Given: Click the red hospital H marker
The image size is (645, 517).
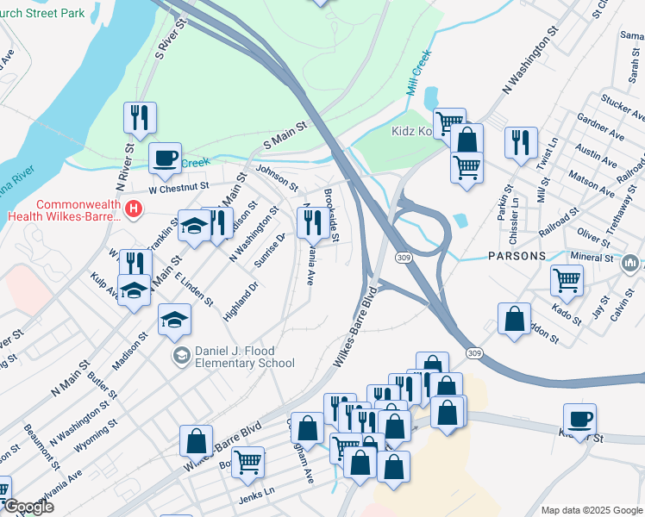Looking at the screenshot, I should pos(134,209).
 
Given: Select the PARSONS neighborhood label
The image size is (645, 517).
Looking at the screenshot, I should pos(516,256).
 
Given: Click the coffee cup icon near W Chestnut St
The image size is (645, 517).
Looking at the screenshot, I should pos(165,159).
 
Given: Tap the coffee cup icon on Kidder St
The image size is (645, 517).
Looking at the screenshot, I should pos(579,420).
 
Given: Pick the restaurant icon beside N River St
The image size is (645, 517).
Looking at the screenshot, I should pos(140,120).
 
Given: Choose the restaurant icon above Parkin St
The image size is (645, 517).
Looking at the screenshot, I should pos(520,143).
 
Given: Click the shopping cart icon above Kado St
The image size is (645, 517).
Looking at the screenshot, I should pos(567,279).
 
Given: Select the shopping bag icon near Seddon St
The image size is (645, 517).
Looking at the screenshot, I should pos(515,319).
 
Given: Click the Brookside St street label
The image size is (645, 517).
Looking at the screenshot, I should pos(333,215).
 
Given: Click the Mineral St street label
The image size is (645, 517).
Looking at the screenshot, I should pos(592,258).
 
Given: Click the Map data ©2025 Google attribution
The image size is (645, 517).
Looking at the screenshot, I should pos(591,510).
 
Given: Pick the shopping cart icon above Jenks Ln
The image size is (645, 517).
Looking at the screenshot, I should pos(247,462).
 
